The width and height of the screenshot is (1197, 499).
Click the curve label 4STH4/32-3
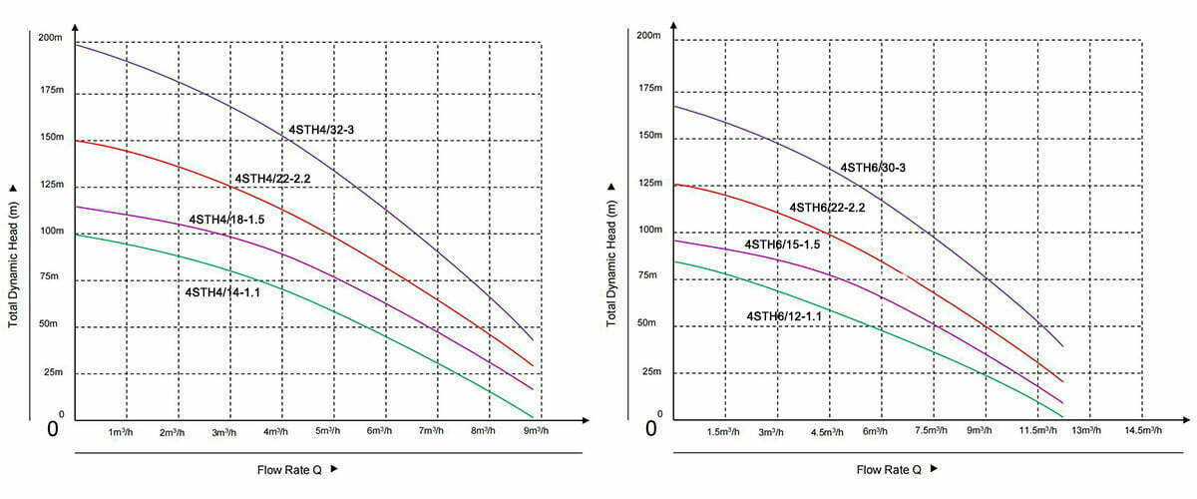[x=321, y=130]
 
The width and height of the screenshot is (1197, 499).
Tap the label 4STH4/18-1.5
[x=226, y=219]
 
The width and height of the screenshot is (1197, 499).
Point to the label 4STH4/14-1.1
[x=222, y=292]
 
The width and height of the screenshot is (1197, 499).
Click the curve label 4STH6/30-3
[x=873, y=168]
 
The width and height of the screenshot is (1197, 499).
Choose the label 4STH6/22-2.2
[x=827, y=208]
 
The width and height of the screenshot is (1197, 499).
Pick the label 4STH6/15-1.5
[x=782, y=245]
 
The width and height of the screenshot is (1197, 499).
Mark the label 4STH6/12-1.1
[x=784, y=316]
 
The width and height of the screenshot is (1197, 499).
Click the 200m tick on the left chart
[x=50, y=38]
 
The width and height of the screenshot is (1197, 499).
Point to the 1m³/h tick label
[x=122, y=432]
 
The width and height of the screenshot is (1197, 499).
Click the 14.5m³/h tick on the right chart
[x=1142, y=430]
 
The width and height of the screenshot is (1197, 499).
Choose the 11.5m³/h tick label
[x=1036, y=430]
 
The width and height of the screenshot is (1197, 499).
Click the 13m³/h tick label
[x=1087, y=430]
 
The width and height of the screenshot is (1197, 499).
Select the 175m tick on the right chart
[x=649, y=88]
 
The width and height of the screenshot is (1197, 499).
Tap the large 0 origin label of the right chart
[x=651, y=429]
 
